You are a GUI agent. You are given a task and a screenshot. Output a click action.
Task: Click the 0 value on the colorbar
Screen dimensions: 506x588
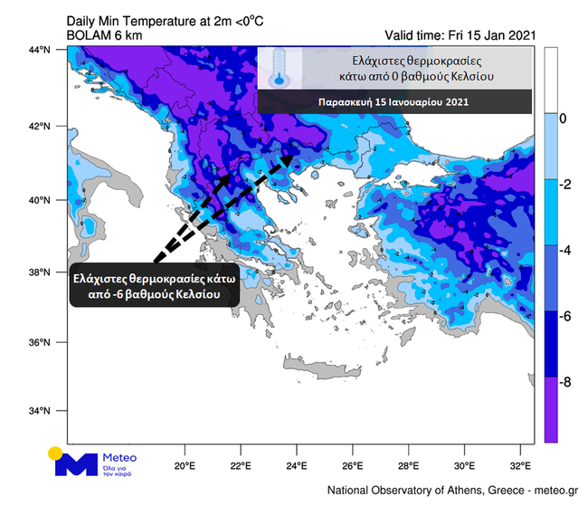564,119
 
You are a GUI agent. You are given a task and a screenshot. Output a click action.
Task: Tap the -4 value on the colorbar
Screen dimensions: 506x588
566,249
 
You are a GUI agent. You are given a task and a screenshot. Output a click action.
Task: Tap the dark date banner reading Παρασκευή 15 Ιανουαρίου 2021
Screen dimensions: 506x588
394,102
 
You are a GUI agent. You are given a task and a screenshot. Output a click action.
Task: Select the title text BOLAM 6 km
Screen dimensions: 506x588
102,35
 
